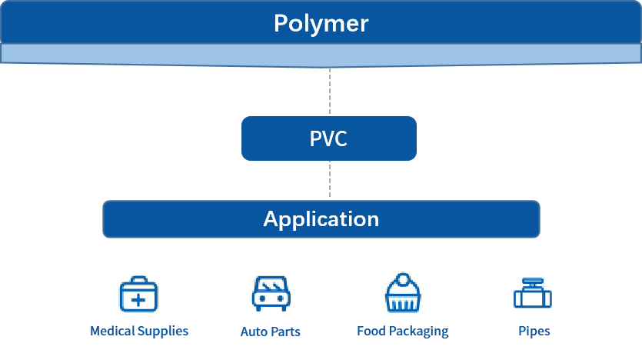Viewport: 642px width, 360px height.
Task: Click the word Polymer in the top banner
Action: pos(321,23)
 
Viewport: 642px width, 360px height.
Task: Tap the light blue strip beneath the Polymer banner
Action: pos(321,54)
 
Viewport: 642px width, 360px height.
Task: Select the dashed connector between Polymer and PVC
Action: pos(329,92)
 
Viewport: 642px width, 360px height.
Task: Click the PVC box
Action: pos(328,138)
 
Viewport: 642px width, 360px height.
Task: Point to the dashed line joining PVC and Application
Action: pos(329,180)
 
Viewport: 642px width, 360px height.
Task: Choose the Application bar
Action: pos(321,219)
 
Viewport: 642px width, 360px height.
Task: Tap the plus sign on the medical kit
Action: pos(138,299)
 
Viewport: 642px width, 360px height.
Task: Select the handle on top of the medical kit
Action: pos(138,280)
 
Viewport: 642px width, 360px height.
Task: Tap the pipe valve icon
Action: pos(534,295)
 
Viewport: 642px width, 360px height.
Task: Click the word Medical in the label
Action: pos(113,332)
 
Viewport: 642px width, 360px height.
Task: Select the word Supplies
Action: pos(163,332)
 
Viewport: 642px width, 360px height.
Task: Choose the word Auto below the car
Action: pos(253,332)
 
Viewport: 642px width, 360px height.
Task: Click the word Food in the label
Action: pos(371,332)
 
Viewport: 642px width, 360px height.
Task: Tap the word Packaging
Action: pos(418,332)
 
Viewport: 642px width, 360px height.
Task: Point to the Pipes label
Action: pos(534,332)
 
